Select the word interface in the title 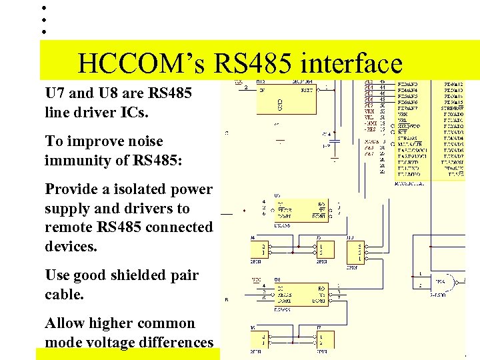(351, 64)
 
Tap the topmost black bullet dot (43, 8)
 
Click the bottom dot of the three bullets (43, 31)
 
